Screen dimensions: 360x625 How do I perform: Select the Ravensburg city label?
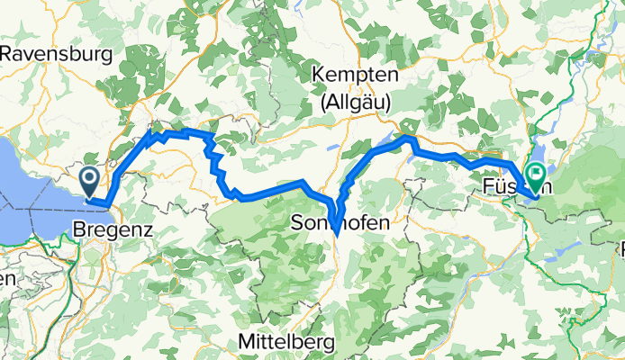(59, 54)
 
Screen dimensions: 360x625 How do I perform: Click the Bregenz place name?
(113, 229)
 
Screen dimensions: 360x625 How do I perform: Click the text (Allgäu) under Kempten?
(355, 105)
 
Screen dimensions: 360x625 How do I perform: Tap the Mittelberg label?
(285, 342)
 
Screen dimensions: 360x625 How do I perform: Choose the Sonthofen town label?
(340, 220)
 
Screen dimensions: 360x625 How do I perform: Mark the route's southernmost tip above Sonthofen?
(335, 233)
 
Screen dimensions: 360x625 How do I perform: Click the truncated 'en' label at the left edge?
(7, 279)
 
